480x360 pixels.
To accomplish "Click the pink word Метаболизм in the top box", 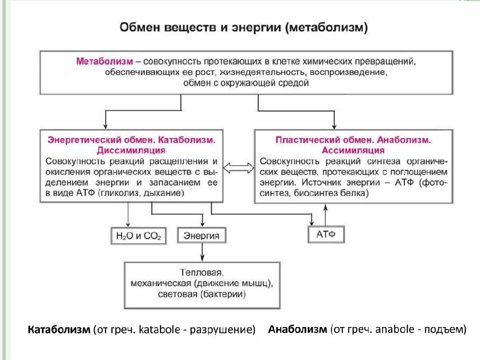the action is pos(104,61).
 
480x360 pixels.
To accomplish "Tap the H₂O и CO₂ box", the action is pos(138,235).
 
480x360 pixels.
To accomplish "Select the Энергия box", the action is pos(201,235).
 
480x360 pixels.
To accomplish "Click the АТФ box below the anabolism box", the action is pos(326,234).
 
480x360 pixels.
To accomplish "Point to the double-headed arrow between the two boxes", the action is pos(238,168).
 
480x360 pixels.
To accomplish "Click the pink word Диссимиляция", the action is pos(131,150).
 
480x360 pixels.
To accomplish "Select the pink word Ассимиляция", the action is pos(353,150).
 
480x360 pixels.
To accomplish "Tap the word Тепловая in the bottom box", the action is pos(201,272).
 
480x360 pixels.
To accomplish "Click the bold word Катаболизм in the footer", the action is pos(59,329).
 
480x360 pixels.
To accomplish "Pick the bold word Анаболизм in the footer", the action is pos(297,329).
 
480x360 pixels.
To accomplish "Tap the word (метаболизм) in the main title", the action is pos(326,27).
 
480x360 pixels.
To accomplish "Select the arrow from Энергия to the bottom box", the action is pos(202,252).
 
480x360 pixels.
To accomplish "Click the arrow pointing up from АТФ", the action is pos(325,215).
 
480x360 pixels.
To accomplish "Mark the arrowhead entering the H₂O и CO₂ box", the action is pos(128,225).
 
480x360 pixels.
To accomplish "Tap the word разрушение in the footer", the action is pos(222,329).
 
